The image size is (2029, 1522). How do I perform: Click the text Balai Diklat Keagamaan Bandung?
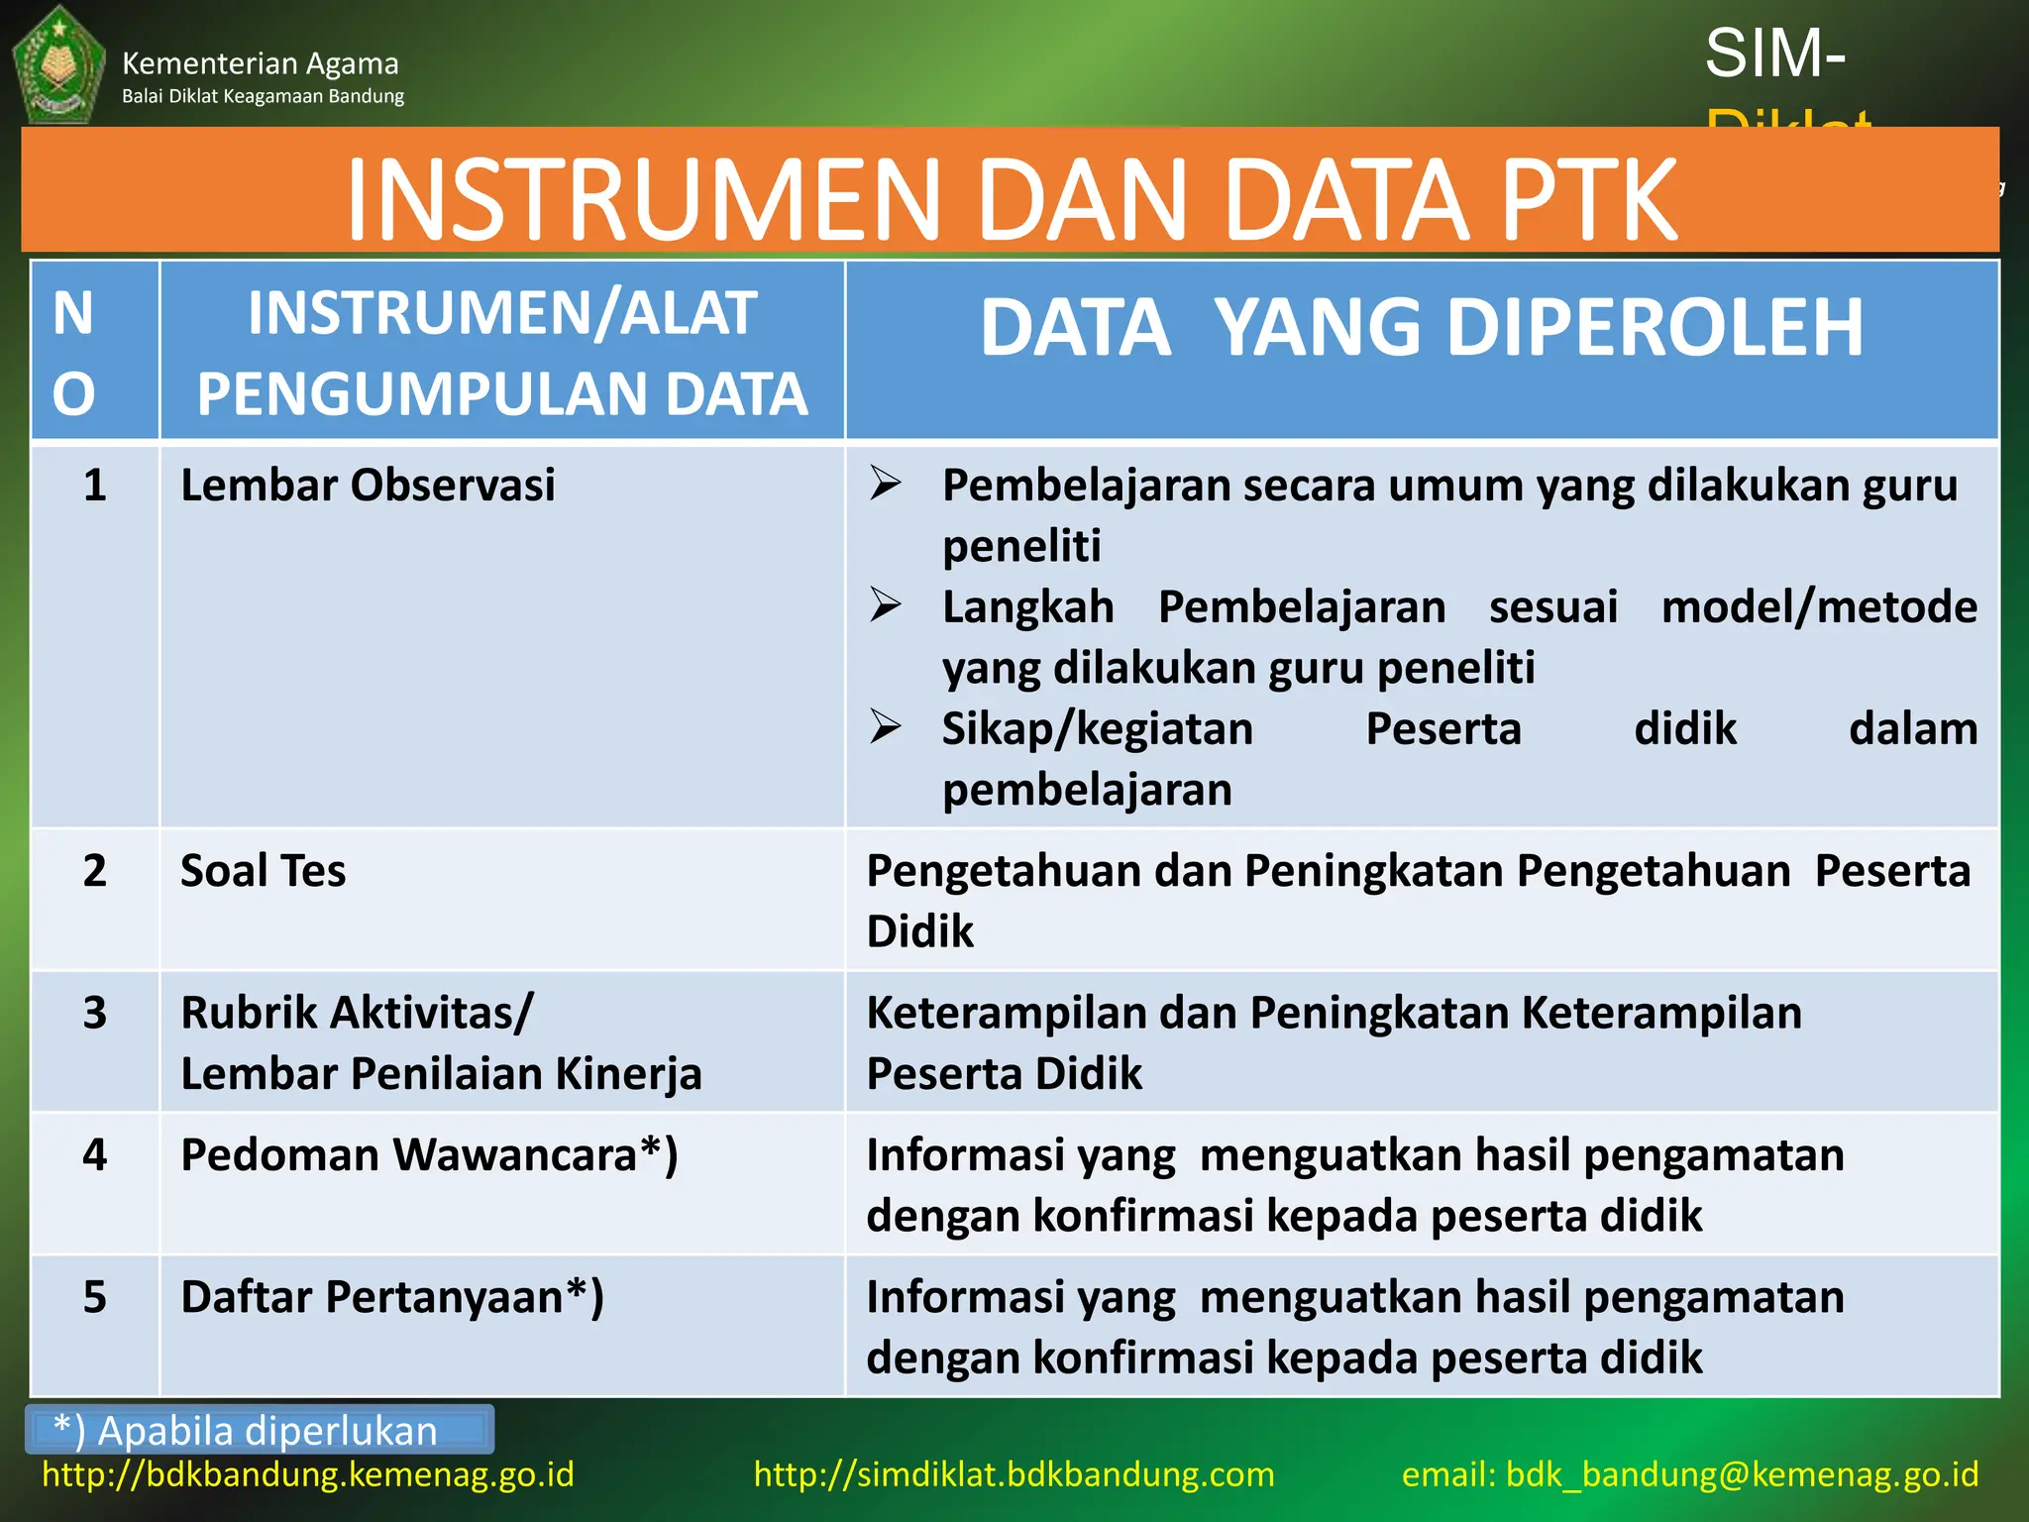263,96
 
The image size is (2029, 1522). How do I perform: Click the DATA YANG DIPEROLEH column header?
1421,328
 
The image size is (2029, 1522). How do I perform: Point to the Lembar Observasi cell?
368,486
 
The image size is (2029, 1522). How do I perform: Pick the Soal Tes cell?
264,871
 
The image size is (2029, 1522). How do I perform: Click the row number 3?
94,1013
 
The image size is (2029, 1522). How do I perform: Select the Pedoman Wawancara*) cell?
429,1155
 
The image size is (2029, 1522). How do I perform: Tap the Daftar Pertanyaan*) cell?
392,1297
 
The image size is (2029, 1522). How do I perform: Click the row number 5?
94,1297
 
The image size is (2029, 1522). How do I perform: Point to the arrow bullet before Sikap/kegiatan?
885,727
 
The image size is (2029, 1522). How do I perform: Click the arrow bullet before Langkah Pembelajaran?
885,604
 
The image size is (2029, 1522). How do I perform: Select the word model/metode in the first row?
1818,606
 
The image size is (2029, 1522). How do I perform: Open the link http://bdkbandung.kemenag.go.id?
308,1474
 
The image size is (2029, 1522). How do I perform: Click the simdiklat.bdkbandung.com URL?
1014,1474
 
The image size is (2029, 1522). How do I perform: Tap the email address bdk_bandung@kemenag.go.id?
1741,1474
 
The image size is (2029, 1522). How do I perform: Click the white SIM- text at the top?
1774,54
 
